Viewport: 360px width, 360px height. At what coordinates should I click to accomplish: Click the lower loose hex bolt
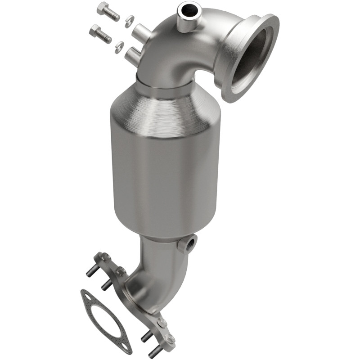[100, 34]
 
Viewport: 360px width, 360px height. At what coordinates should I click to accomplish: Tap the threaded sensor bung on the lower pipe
[188, 243]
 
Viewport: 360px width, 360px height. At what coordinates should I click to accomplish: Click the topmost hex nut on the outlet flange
[104, 258]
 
